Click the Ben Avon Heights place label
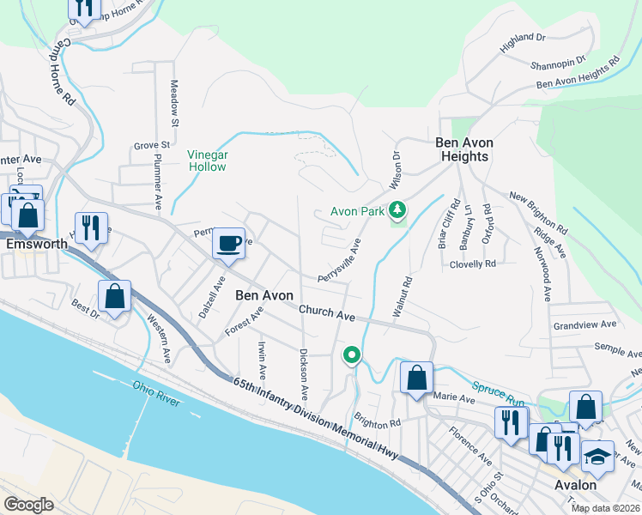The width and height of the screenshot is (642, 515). (x=463, y=149)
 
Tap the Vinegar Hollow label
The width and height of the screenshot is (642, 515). (x=208, y=161)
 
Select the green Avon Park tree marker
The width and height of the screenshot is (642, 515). (x=397, y=209)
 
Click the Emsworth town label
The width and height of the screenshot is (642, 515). (x=36, y=244)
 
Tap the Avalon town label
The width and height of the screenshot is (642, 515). (x=576, y=486)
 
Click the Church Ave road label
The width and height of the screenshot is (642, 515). (x=327, y=312)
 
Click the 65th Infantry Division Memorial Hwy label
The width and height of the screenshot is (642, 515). (x=318, y=414)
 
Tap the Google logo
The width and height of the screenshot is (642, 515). (x=28, y=505)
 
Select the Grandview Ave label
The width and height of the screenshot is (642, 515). (x=585, y=325)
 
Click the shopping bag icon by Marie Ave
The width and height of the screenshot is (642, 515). (x=416, y=378)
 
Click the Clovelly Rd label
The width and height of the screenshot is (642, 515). (x=473, y=264)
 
